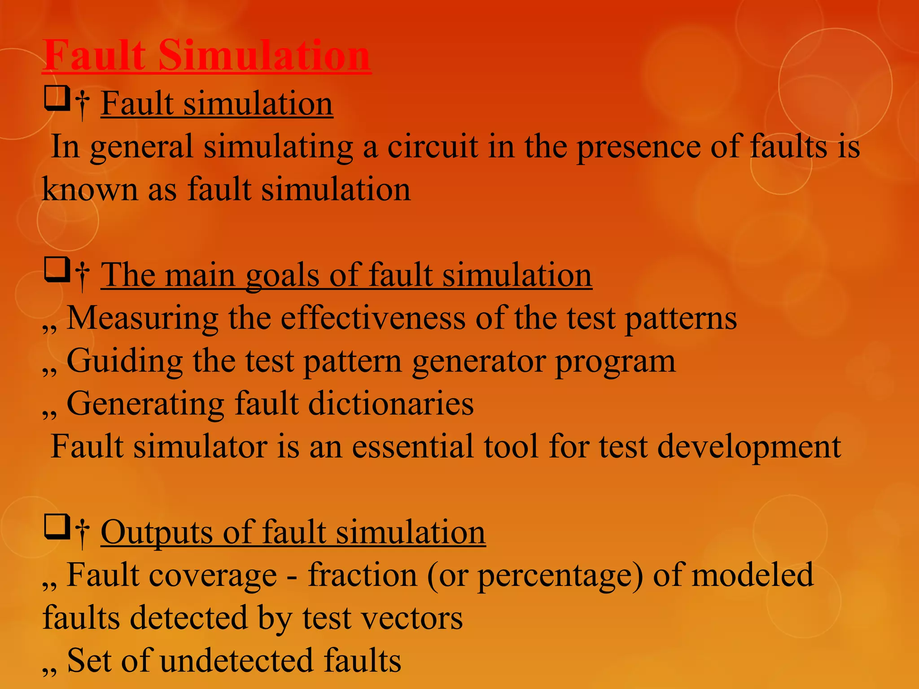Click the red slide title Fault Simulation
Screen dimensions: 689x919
pos(206,56)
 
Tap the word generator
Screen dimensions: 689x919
pos(478,361)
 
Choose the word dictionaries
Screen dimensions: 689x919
pos(390,404)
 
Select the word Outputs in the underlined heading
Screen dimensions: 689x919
pos(157,532)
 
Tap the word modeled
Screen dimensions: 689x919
pos(752,575)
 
